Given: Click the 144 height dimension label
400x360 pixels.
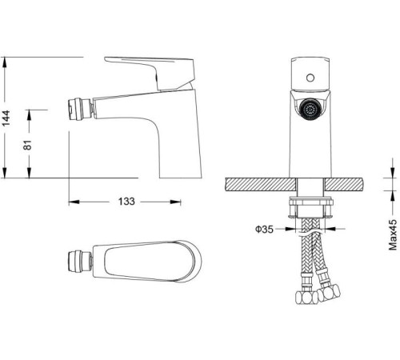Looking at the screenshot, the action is click(x=6, y=118).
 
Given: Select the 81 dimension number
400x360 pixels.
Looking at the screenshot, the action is click(x=27, y=145).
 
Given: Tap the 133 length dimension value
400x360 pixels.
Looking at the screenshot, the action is click(x=126, y=202).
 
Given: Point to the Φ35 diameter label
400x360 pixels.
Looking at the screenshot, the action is click(x=265, y=229).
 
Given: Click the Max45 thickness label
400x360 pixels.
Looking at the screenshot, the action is click(x=393, y=235).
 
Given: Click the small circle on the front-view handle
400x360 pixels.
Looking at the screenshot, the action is click(x=310, y=78).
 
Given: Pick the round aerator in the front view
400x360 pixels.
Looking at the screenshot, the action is click(x=310, y=109).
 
